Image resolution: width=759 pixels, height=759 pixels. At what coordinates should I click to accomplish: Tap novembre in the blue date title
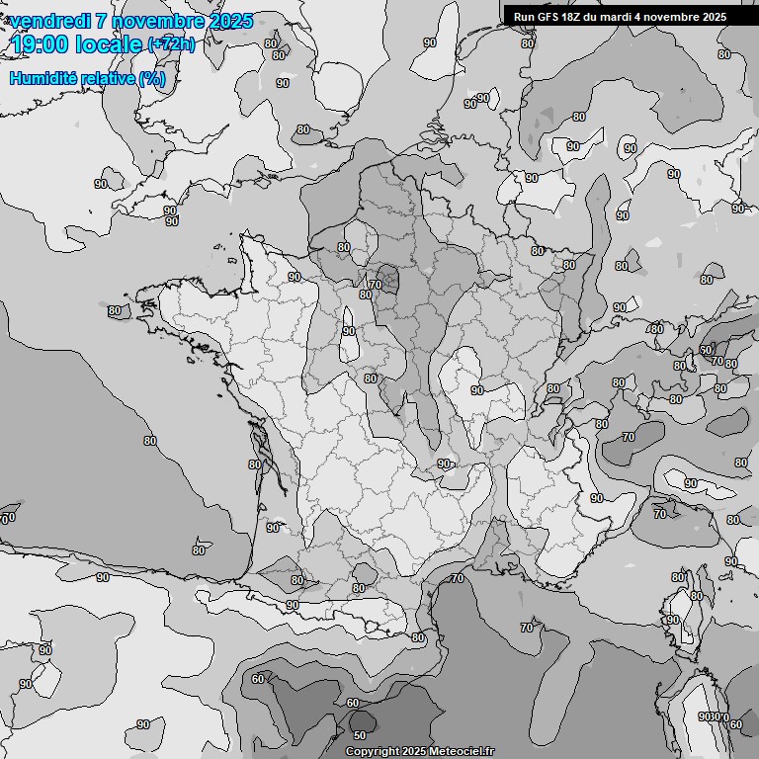click(x=155, y=21)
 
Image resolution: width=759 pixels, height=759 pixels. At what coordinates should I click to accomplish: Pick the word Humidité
click(x=42, y=78)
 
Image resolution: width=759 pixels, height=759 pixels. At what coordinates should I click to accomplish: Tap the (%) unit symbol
click(x=152, y=78)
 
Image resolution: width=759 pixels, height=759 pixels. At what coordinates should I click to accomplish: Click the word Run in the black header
click(x=523, y=17)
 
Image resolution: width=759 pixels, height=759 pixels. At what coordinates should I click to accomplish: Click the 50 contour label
click(x=359, y=735)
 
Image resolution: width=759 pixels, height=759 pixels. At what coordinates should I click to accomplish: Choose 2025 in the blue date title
click(x=229, y=21)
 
